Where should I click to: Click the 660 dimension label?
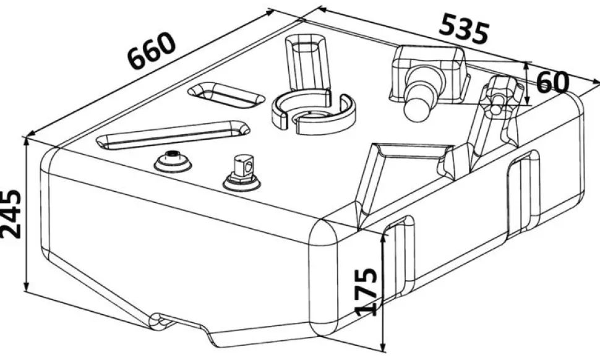click(152, 51)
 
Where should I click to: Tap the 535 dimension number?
click(464, 28)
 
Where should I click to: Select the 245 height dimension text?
click(11, 213)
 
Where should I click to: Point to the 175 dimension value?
click(366, 292)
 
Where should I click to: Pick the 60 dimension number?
click(552, 82)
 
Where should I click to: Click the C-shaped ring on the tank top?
click(313, 112)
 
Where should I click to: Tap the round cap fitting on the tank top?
click(173, 161)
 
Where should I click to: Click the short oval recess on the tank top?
click(226, 95)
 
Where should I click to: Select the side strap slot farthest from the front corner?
click(524, 194)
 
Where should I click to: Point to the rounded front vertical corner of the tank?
click(324, 280)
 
